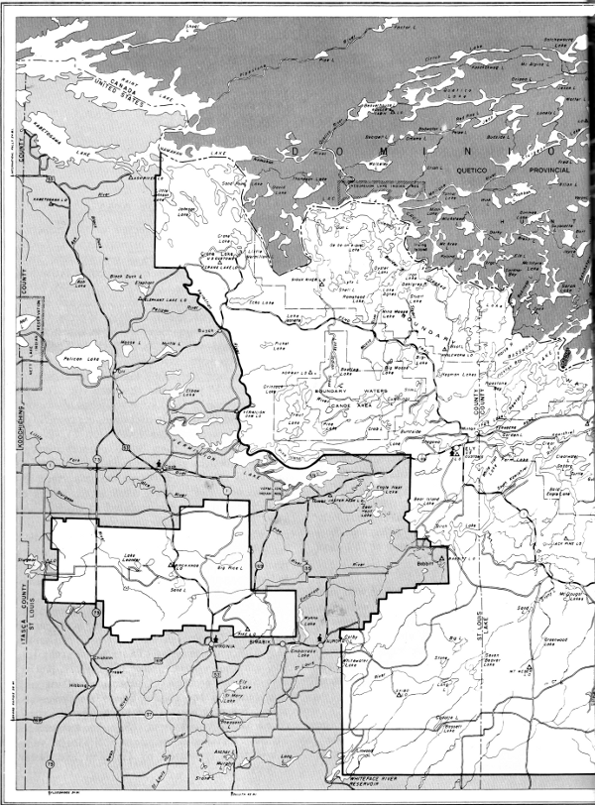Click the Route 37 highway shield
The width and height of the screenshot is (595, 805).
148,712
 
